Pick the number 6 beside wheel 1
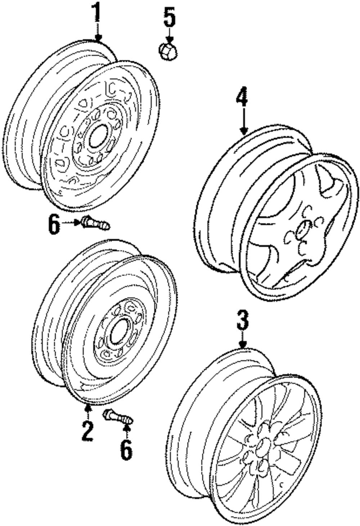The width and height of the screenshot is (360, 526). (x=53, y=225)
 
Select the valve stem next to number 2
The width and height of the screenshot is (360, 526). (x=118, y=418)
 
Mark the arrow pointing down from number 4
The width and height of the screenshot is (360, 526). (x=243, y=122)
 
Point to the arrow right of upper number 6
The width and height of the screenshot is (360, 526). (x=71, y=222)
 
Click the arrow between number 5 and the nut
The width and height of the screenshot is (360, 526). (x=169, y=37)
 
